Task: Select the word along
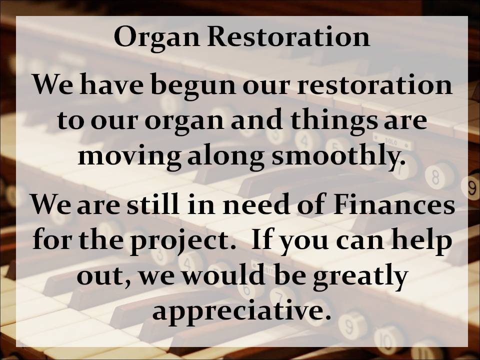225,156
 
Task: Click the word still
153,203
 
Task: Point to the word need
256,203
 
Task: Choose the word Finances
394,204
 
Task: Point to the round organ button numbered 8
435,176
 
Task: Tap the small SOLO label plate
391,141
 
